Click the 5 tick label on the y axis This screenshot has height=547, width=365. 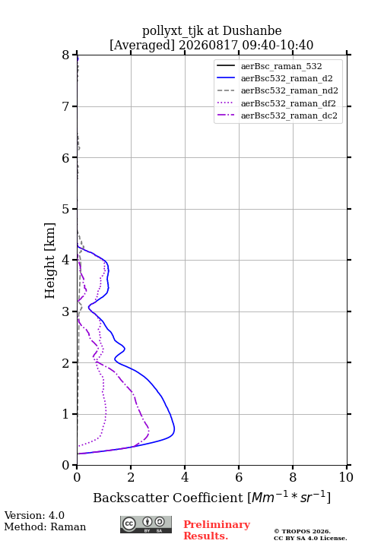pyautogui.click(x=66, y=210)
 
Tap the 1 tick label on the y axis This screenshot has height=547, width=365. pyautogui.click(x=66, y=414)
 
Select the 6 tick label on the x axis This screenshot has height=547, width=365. pyautogui.click(x=239, y=477)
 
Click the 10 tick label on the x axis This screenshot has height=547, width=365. pyautogui.click(x=347, y=477)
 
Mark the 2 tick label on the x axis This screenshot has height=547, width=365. pyautogui.click(x=131, y=477)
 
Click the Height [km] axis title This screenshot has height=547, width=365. pyautogui.click(x=50, y=261)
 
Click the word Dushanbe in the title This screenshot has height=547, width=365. pyautogui.click(x=252, y=31)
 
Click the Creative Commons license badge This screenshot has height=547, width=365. pyautogui.click(x=146, y=524)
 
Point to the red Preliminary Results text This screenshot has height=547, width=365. pyautogui.click(x=217, y=530)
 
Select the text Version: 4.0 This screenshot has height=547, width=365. pyautogui.click(x=34, y=515)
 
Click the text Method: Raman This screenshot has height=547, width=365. pyautogui.click(x=45, y=526)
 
